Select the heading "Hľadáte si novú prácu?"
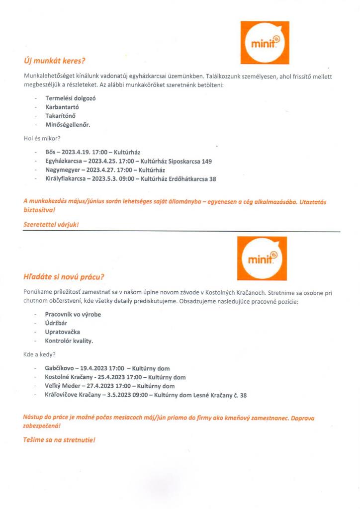click(x=67, y=276)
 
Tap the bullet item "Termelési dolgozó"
click(x=71, y=98)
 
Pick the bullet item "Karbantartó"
click(x=62, y=107)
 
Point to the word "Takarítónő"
click(x=62, y=116)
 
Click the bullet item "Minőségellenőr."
click(x=68, y=125)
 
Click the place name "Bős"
click(x=51, y=152)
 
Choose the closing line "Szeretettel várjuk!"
click(x=51, y=225)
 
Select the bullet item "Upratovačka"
click(x=63, y=332)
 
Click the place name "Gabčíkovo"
click(x=60, y=369)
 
